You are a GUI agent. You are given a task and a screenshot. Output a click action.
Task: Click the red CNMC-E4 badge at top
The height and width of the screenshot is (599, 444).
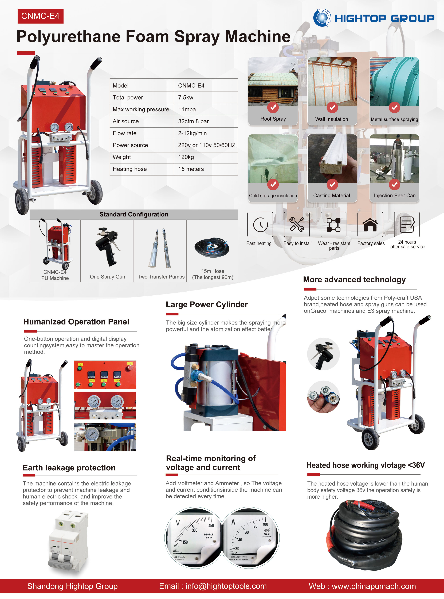[40, 16]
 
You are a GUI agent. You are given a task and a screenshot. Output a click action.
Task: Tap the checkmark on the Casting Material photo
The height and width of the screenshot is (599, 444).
[332, 184]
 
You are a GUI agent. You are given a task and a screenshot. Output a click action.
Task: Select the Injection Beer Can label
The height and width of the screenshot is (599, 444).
[394, 196]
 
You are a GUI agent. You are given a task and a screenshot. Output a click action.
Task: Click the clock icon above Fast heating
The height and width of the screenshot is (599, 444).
[260, 224]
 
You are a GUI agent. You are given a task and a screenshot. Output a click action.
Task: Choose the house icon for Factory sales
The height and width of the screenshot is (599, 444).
[370, 224]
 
